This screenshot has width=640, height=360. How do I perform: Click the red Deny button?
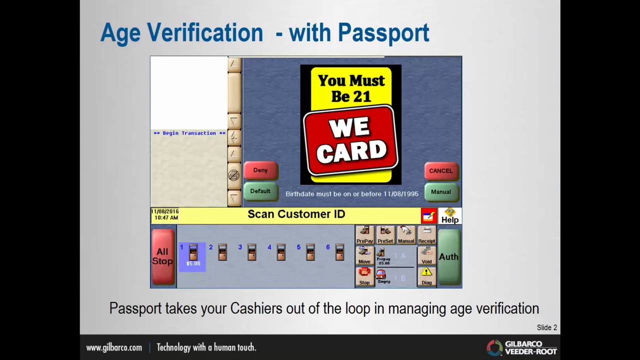coord(260,170)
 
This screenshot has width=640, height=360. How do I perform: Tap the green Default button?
coord(260,191)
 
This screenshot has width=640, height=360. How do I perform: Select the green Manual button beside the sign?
coord(441,192)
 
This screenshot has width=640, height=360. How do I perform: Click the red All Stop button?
coord(162,256)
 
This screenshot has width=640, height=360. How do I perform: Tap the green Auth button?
coord(448,256)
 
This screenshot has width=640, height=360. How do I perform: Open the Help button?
coord(450,216)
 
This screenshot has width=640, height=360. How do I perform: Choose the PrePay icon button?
coord(365,234)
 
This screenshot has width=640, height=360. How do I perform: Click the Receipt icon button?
coord(426,234)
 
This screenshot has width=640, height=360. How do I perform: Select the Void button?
coord(426,255)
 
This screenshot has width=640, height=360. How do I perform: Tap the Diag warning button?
coord(426,276)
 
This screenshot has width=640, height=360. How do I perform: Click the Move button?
coord(364,255)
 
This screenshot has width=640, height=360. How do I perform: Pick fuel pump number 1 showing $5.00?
coord(193,256)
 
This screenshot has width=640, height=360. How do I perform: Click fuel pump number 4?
coord(280,252)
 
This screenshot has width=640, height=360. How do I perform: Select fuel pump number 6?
coord(339,252)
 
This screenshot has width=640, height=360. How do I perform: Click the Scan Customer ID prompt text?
coord(296,214)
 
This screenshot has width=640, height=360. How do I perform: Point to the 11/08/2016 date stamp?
coord(165,211)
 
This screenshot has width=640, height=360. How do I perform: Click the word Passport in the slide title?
coord(383,33)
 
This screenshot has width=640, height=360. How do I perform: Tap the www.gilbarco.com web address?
coord(114,347)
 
